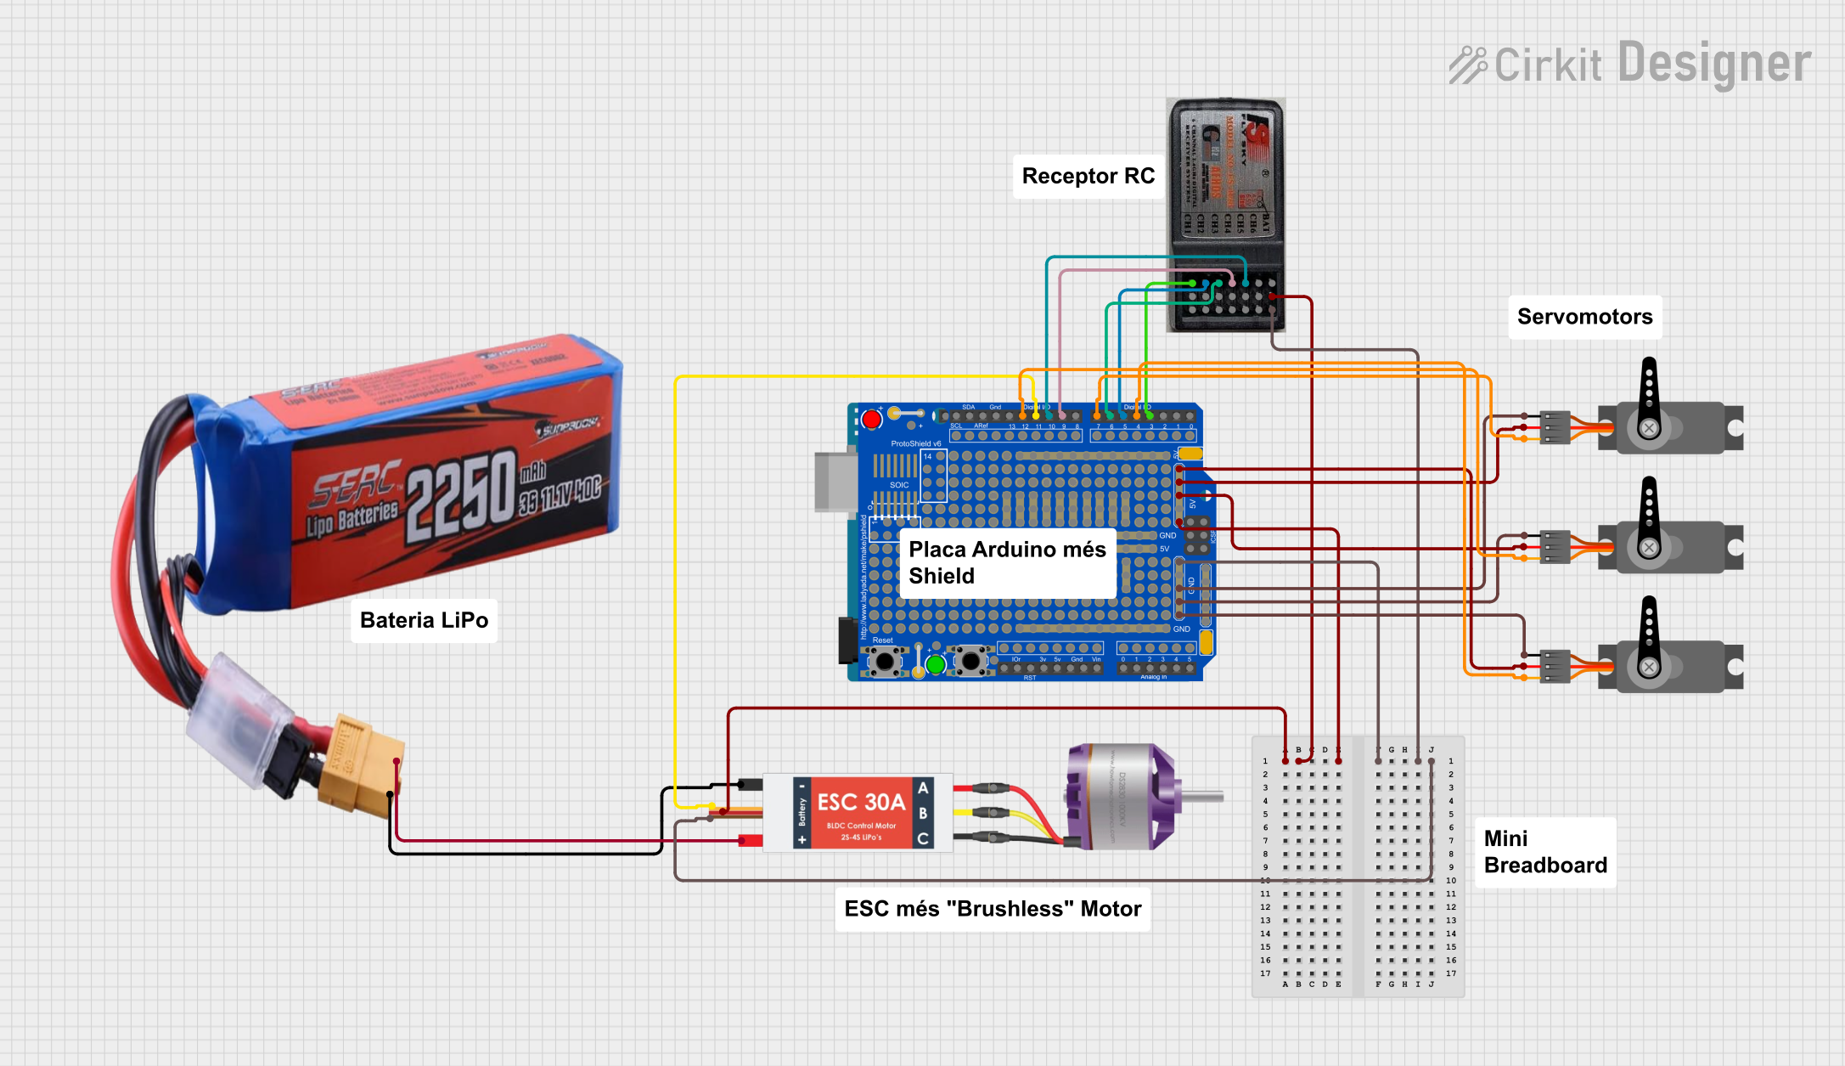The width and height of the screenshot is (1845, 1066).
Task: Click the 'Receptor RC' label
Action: click(1088, 176)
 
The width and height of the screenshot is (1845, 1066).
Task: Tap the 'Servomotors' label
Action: click(1584, 317)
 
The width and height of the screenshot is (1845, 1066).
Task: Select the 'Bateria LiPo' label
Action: click(424, 620)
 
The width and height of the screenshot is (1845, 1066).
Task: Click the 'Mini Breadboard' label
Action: click(1544, 852)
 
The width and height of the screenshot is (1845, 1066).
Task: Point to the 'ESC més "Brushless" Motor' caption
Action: click(992, 909)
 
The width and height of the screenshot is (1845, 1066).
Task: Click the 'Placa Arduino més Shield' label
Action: click(1007, 562)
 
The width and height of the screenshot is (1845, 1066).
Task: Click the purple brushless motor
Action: click(1122, 796)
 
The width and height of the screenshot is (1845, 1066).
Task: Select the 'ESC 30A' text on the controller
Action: click(860, 802)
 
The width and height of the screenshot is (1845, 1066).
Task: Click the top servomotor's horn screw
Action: click(1649, 428)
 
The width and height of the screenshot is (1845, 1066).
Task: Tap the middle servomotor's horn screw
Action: click(1649, 548)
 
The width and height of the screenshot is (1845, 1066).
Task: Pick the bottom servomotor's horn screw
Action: click(1649, 668)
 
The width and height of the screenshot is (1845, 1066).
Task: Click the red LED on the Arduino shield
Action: click(871, 420)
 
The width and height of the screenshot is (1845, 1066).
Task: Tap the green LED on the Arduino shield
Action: click(936, 665)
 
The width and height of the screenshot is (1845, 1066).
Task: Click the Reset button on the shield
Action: click(885, 660)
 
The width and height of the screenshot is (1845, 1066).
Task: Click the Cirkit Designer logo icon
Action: click(1467, 65)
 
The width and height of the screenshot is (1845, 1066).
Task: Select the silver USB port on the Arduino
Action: click(835, 482)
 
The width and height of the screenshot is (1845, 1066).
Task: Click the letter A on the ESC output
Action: click(923, 788)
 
